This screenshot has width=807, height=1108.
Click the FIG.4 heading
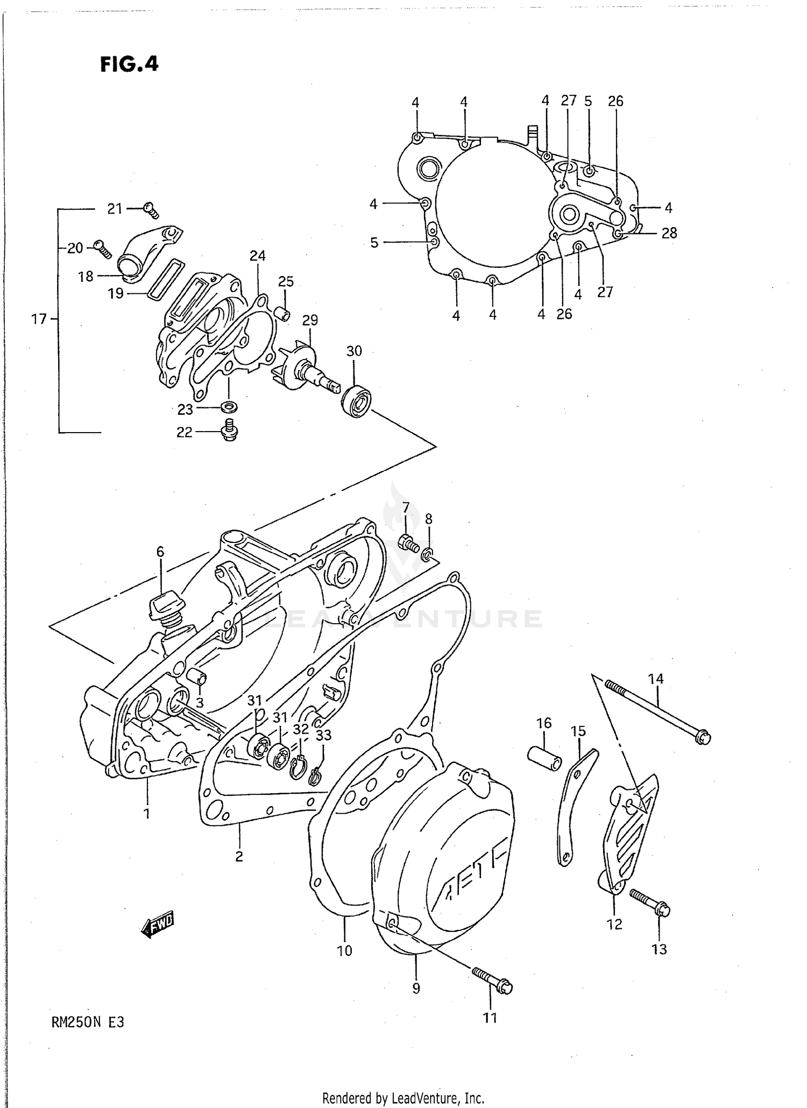129,64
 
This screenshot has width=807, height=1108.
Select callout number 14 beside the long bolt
656,679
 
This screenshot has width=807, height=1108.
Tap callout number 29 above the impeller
310,320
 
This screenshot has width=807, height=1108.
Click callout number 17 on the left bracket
39,319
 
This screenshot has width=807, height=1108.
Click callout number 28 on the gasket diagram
669,233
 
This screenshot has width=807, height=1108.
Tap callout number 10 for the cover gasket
344,950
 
